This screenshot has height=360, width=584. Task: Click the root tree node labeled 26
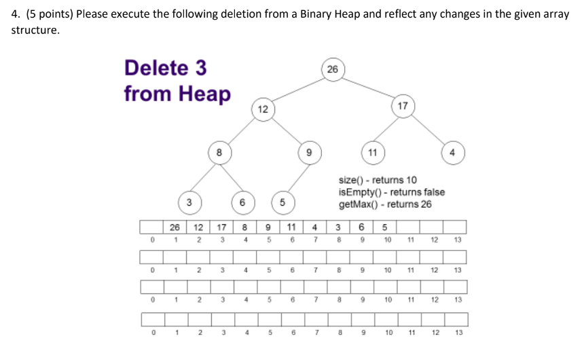(332, 69)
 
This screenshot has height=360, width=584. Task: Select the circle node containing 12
(263, 109)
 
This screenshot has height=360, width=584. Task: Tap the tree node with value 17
(403, 106)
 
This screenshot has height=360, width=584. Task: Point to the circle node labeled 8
(218, 153)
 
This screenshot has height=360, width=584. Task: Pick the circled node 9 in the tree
(309, 153)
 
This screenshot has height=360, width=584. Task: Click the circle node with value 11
(372, 152)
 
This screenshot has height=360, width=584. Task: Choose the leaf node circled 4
(452, 152)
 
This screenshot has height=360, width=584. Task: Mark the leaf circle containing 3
(189, 202)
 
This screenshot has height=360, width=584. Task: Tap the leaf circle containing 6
(242, 202)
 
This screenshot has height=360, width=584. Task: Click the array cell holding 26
(175, 227)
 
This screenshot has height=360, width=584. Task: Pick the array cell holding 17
(221, 227)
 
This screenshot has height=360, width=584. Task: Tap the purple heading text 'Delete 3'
(165, 68)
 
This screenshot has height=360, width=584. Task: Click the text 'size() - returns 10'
(378, 180)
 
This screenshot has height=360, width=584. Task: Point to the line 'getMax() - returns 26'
(384, 204)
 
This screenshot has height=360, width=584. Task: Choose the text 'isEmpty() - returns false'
(391, 192)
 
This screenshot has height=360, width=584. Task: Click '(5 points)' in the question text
(48, 14)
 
